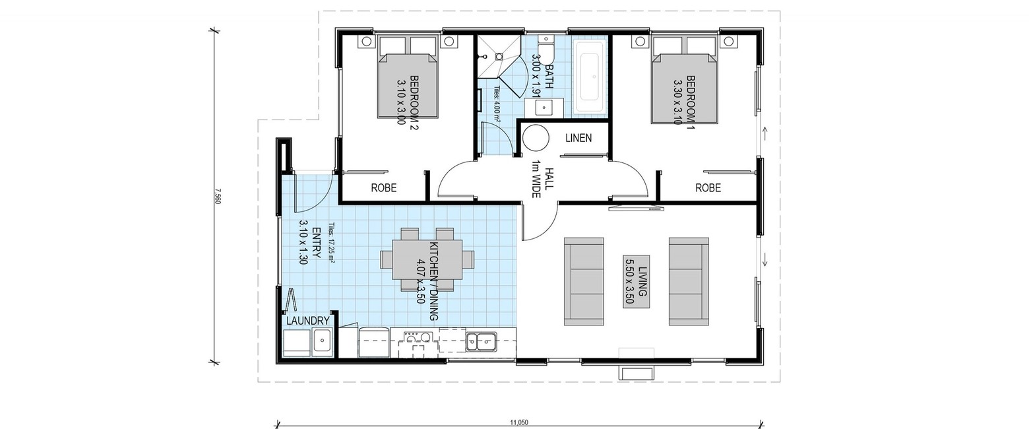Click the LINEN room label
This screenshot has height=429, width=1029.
tap(578, 138)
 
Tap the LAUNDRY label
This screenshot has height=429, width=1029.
tap(308, 321)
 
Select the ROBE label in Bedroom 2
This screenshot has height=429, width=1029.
tap(384, 188)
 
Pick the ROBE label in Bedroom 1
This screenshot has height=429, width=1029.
tap(708, 188)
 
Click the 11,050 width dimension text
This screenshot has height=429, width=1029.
tap(519, 422)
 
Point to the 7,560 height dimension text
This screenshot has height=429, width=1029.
tap(218, 196)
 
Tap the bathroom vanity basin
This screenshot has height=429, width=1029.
tap(544, 108)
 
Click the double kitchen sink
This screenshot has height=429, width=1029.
tap(481, 342)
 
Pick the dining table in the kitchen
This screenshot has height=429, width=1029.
tap(427, 259)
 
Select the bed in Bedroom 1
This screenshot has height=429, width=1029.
tap(685, 81)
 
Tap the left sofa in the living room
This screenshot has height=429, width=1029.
tap(584, 281)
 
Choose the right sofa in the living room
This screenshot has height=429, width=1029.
tap(689, 281)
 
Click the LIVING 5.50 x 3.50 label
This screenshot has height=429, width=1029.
tap(637, 281)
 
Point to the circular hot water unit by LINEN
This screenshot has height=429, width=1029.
tap(536, 138)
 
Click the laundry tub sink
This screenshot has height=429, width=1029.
tap(323, 341)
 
